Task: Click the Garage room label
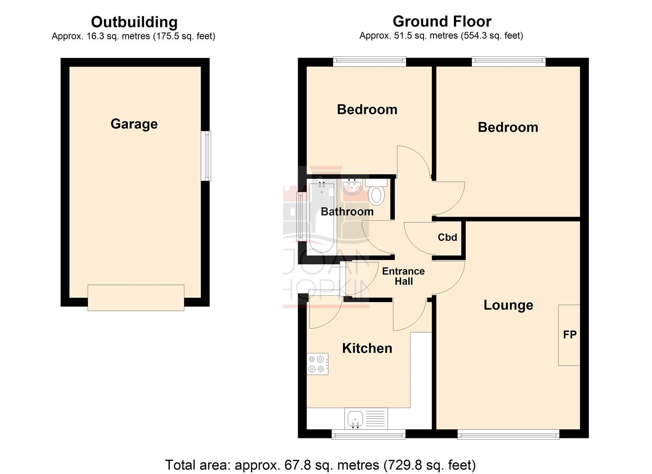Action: click(x=134, y=124)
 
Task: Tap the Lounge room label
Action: click(x=508, y=305)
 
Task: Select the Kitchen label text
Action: click(x=367, y=348)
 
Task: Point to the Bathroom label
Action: click(x=347, y=212)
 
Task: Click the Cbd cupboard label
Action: click(x=447, y=237)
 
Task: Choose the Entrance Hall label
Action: click(x=403, y=276)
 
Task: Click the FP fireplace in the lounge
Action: click(x=569, y=335)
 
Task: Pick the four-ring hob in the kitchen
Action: click(x=317, y=364)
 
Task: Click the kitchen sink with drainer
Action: click(x=366, y=419)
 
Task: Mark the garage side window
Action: click(x=205, y=156)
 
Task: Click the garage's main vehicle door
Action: click(x=136, y=298)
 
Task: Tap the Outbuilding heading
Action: click(x=134, y=22)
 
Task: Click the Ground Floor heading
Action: click(x=442, y=21)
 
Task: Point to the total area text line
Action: click(x=320, y=465)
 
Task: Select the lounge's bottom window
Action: click(x=508, y=434)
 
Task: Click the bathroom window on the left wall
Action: click(x=301, y=217)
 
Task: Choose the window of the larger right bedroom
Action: click(x=508, y=62)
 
